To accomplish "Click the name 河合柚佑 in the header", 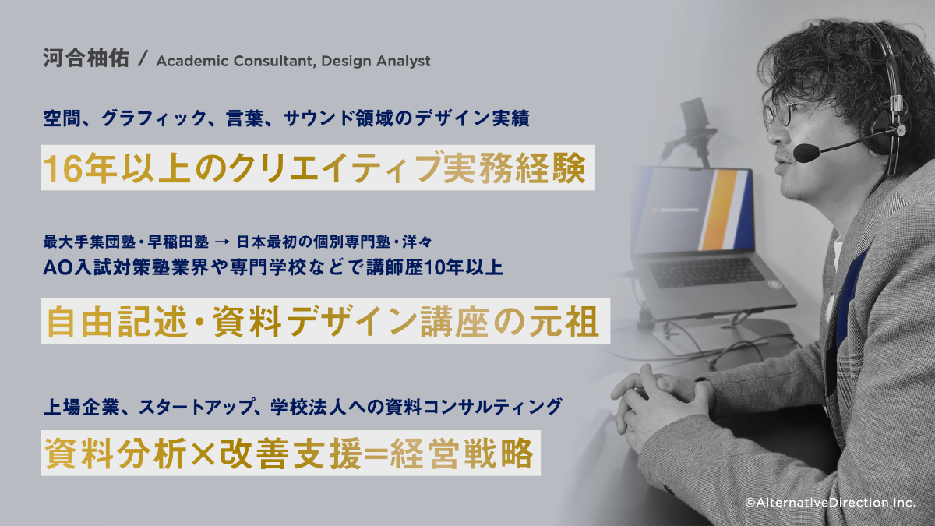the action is coord(86,58).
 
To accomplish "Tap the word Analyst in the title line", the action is coord(403,62).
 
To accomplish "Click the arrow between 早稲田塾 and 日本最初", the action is coord(222,242).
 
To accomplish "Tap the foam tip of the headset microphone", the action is coord(806,154).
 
